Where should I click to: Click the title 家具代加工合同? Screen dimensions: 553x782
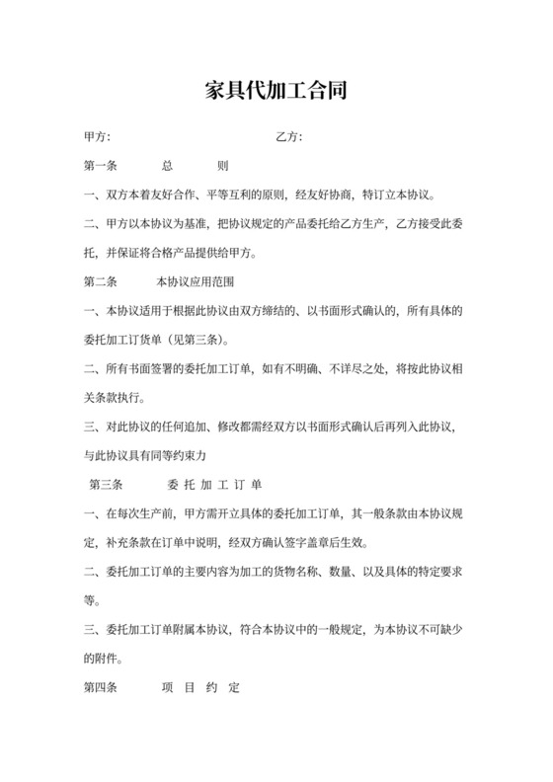pyautogui.click(x=276, y=91)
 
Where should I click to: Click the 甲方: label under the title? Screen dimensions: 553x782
pyautogui.click(x=97, y=136)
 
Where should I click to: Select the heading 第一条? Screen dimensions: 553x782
pyautogui.click(x=102, y=166)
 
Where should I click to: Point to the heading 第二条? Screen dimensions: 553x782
pyautogui.click(x=102, y=281)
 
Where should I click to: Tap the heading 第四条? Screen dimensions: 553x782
pyautogui.click(x=102, y=687)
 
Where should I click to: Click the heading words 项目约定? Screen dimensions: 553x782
pyautogui.click(x=200, y=687)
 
